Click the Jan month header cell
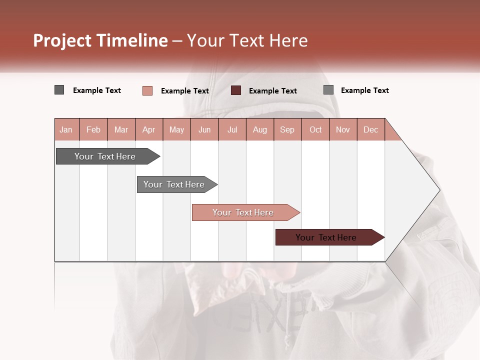click(x=66, y=129)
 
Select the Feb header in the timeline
click(x=93, y=129)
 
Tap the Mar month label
click(x=121, y=129)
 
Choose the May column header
click(x=176, y=129)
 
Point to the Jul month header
click(x=232, y=129)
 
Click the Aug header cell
click(x=259, y=129)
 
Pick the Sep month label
click(x=287, y=129)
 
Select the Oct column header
click(x=315, y=129)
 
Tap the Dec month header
click(x=370, y=129)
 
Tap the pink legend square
click(x=147, y=90)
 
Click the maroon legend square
click(x=236, y=90)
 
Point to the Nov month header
click(x=343, y=129)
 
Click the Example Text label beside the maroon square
click(x=272, y=91)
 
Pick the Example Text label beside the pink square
click(x=184, y=91)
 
